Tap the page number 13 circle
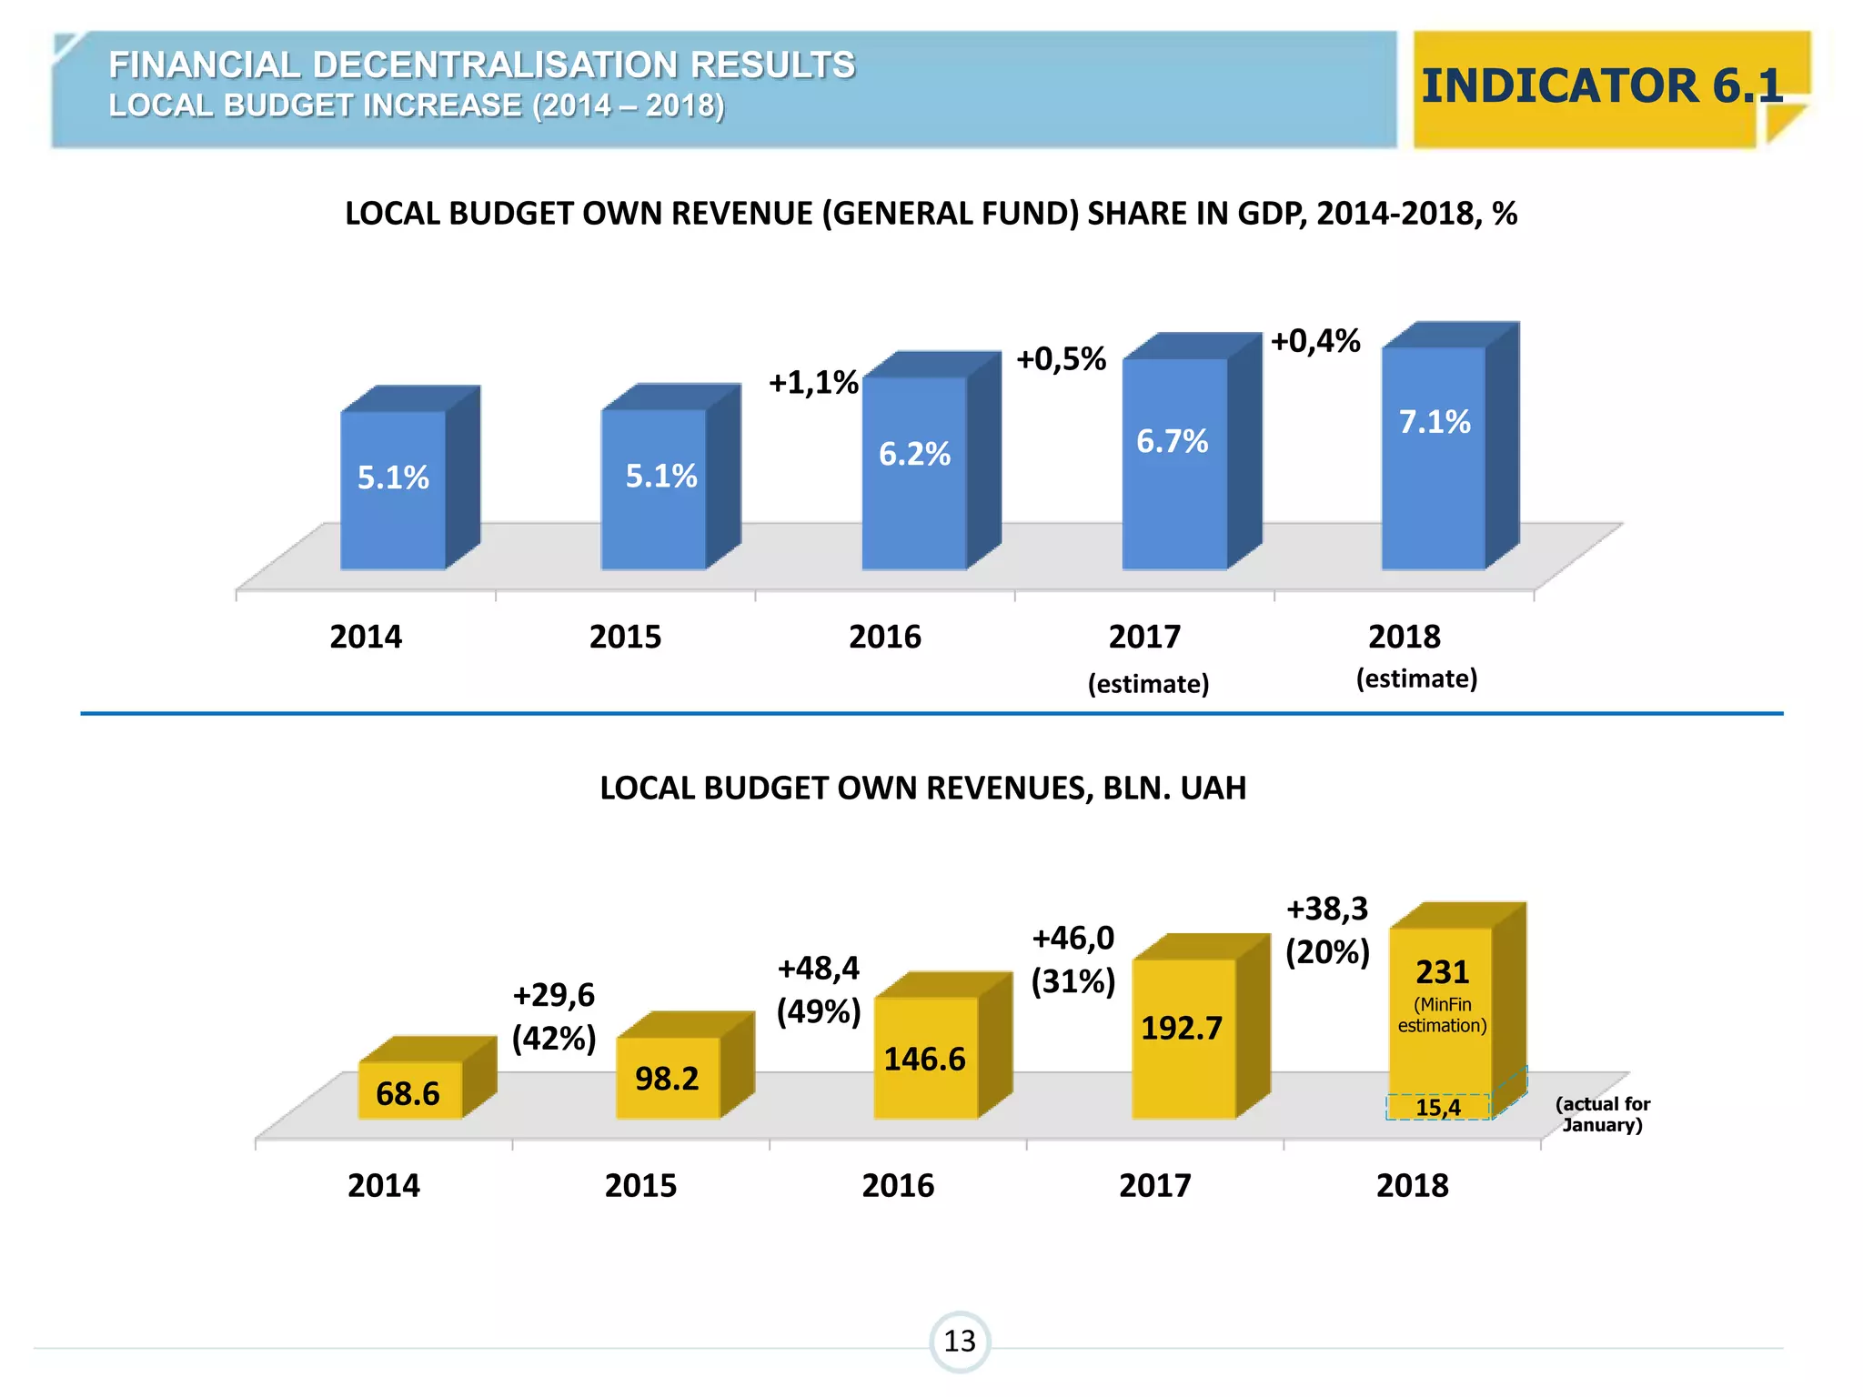click(959, 1341)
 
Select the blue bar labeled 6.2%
click(914, 473)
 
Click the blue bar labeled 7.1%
click(1435, 459)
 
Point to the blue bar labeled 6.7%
click(1173, 464)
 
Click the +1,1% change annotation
click(813, 383)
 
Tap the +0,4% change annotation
click(1314, 341)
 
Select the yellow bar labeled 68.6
click(409, 1090)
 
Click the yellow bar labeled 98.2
click(668, 1078)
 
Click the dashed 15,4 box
click(1438, 1107)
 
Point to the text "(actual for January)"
click(1602, 1114)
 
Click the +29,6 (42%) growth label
click(553, 1016)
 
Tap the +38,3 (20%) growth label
click(1327, 930)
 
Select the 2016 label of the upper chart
click(884, 637)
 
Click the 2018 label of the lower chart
click(1412, 1186)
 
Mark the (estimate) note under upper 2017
click(1148, 684)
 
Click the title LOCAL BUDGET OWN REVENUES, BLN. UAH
click(922, 788)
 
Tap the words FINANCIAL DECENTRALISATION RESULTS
click(482, 65)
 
